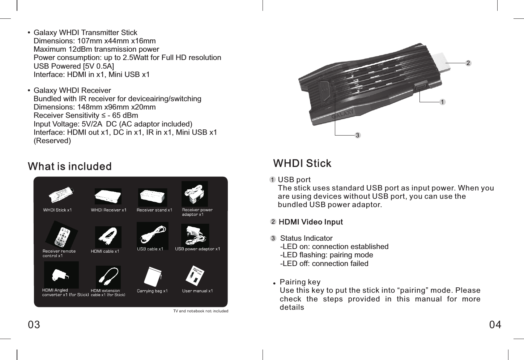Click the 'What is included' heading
(x=70, y=167)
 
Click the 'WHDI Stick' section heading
(x=302, y=163)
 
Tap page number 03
(x=34, y=325)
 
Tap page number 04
(x=495, y=325)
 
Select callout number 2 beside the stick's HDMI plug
(x=468, y=63)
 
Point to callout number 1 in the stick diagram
(x=442, y=102)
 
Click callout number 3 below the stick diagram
(x=357, y=135)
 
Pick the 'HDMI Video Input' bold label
(x=311, y=222)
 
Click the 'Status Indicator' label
(x=306, y=238)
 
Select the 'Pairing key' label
(x=300, y=282)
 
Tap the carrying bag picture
(x=152, y=277)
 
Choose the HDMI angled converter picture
(x=61, y=275)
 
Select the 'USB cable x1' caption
(x=150, y=249)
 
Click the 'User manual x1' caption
(x=197, y=291)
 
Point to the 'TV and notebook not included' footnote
(x=201, y=311)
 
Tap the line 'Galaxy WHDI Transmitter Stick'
(x=85, y=33)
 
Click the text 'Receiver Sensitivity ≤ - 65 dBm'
(x=86, y=115)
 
